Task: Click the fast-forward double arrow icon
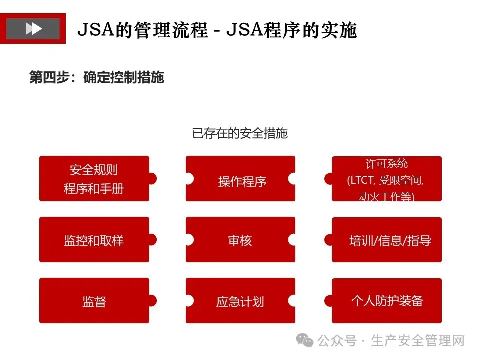[x=33, y=28]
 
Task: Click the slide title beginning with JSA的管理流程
[x=217, y=30]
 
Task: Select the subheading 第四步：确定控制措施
[x=97, y=78]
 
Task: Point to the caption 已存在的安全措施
[x=240, y=133]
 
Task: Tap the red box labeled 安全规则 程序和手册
[x=94, y=179]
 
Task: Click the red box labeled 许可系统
[x=387, y=179]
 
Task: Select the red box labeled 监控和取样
[x=94, y=240]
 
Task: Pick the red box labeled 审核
[x=240, y=240]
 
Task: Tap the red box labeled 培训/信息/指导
[x=390, y=240]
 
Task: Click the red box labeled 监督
[x=94, y=301]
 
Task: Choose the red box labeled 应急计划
[x=240, y=301]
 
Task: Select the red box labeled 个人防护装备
[x=387, y=301]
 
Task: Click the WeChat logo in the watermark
[x=305, y=340]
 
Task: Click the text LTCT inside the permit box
[x=362, y=181]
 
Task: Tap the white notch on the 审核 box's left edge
[x=189, y=240]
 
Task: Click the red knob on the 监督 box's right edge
[x=152, y=301]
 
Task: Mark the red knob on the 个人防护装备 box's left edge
[x=329, y=301]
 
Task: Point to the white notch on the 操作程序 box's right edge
[x=292, y=179]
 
